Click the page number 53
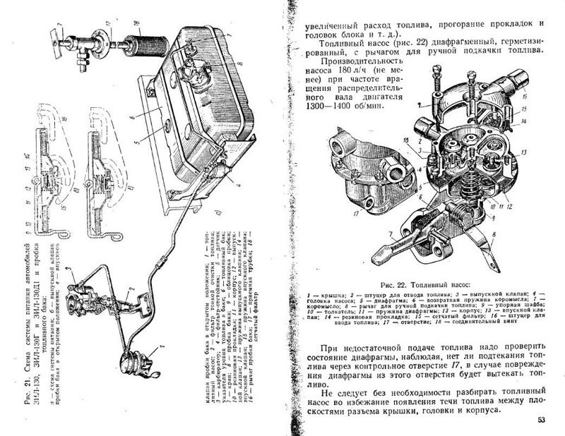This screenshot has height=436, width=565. pyautogui.click(x=541, y=420)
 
